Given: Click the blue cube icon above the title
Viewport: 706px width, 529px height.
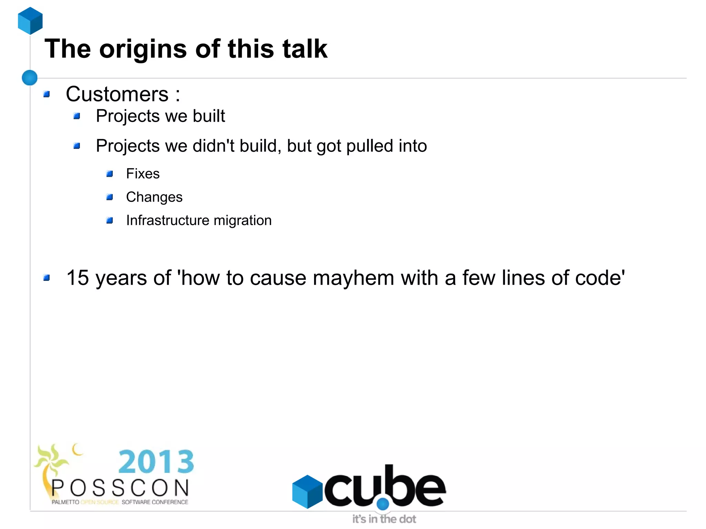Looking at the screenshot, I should pyautogui.click(x=30, y=21).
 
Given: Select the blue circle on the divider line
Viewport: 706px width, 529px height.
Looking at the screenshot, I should pyautogui.click(x=30, y=78).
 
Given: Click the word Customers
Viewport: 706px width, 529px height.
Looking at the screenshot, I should pyautogui.click(x=117, y=94).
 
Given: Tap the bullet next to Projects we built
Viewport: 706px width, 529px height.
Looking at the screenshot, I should pyautogui.click(x=77, y=116).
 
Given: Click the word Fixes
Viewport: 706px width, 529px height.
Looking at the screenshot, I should pyautogui.click(x=143, y=174).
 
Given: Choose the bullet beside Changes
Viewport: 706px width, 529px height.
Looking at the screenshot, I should pyautogui.click(x=110, y=197).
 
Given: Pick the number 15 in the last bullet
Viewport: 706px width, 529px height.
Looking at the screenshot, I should pyautogui.click(x=78, y=278).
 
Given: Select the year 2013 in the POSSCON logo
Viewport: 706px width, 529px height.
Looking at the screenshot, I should pyautogui.click(x=156, y=462).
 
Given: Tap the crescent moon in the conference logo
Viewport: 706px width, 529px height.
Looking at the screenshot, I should pyautogui.click(x=77, y=449).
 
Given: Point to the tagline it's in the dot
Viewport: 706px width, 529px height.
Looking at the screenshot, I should pyautogui.click(x=384, y=519).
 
